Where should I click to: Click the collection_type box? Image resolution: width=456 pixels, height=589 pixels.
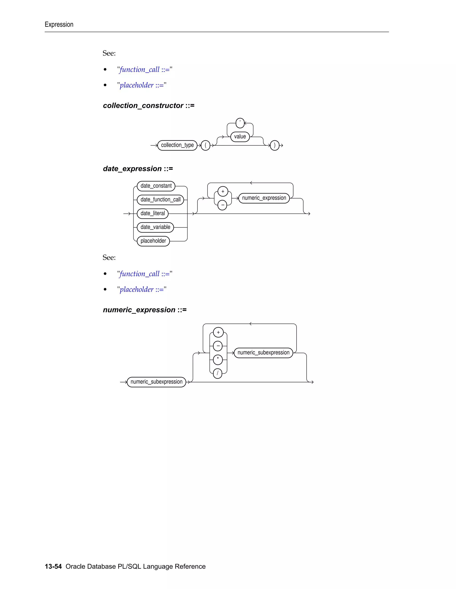pyautogui.click(x=177, y=145)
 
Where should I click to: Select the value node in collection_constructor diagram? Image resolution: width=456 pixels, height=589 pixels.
pyautogui.click(x=240, y=136)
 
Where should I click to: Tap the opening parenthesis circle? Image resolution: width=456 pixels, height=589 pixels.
pyautogui.click(x=206, y=145)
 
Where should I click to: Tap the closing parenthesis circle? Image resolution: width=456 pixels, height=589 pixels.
pyautogui.click(x=275, y=145)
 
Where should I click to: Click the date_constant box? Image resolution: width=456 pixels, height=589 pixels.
pyautogui.click(x=156, y=186)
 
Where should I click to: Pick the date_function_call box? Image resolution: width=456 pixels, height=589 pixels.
pyautogui.click(x=161, y=200)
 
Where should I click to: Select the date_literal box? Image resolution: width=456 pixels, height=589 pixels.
pyautogui.click(x=153, y=213)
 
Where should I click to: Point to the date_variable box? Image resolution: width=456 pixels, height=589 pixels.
pyautogui.click(x=155, y=227)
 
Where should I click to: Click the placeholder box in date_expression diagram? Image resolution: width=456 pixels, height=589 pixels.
pyautogui.click(x=153, y=241)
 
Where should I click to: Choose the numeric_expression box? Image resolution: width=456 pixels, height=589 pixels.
pyautogui.click(x=264, y=198)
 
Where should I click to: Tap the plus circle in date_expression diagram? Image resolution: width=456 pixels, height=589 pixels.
pyautogui.click(x=223, y=191)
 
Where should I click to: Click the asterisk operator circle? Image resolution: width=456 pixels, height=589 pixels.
pyautogui.click(x=218, y=359)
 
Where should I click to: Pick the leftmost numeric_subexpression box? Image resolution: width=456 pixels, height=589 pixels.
pyautogui.click(x=156, y=382)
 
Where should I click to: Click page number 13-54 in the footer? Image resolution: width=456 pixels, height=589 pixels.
pyautogui.click(x=53, y=566)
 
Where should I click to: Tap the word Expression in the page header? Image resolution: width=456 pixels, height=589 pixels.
pyautogui.click(x=59, y=24)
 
